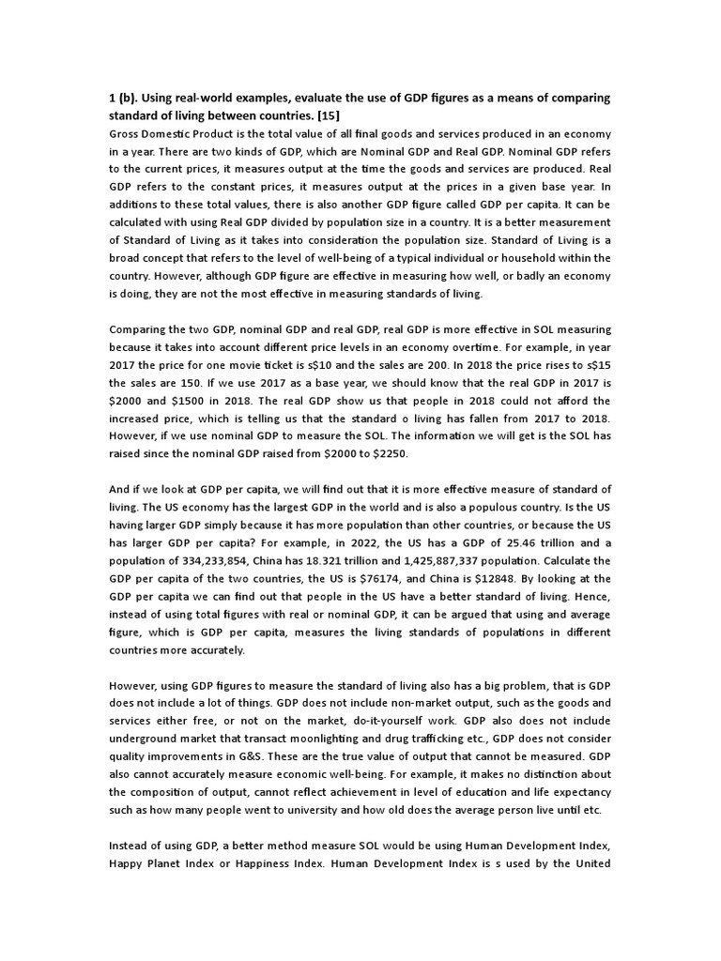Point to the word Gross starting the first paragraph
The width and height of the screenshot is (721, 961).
[128, 133]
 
